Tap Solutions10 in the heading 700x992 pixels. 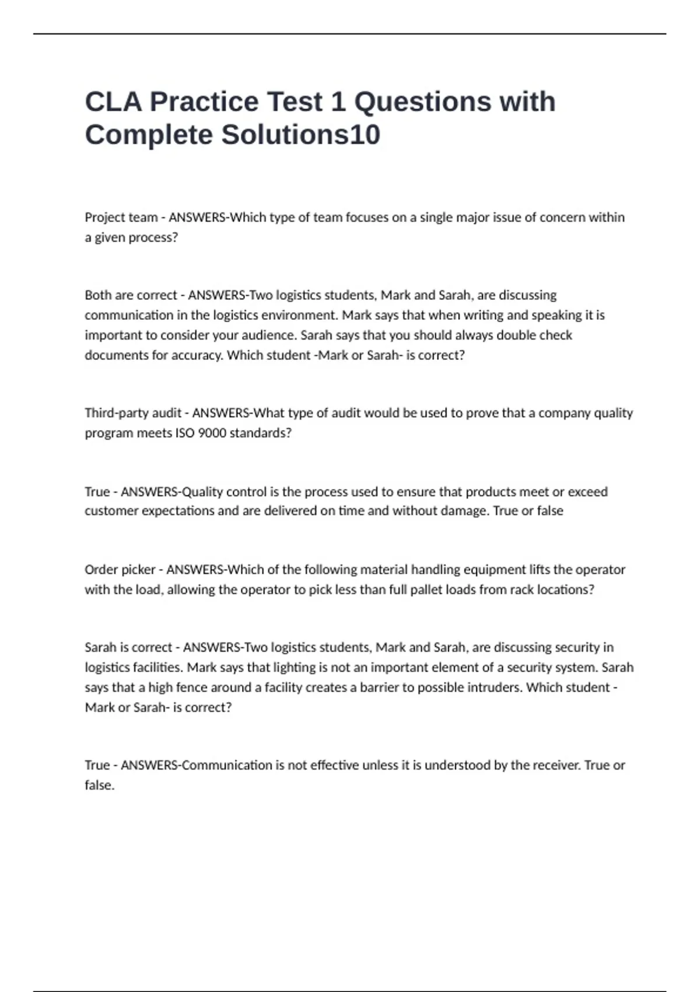[x=300, y=135]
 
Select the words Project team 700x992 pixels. [x=121, y=218]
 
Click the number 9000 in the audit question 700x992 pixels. [x=209, y=433]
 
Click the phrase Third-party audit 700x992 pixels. [x=133, y=413]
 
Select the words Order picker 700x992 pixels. [x=120, y=570]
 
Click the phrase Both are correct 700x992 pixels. [x=131, y=295]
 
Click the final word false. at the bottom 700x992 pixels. [x=100, y=785]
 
